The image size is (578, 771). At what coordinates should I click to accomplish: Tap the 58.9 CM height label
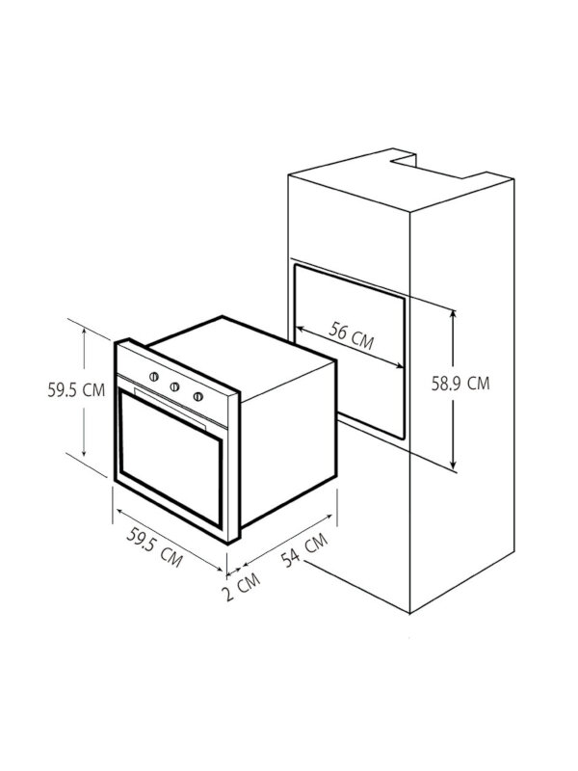(x=460, y=383)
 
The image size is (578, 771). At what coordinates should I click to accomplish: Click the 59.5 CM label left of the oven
(x=76, y=390)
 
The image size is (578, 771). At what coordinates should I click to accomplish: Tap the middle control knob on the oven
(x=176, y=385)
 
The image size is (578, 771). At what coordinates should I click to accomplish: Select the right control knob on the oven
(x=198, y=395)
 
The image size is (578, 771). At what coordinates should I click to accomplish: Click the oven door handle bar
(x=171, y=410)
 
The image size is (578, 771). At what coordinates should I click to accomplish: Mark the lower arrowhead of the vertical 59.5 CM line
(x=86, y=456)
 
